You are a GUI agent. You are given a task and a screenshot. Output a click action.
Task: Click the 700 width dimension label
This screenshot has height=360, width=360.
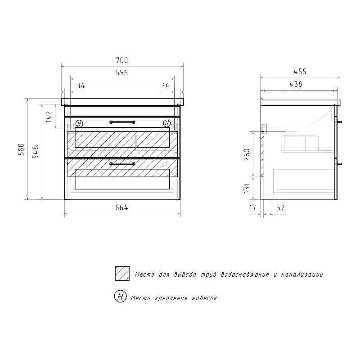pos(121,60)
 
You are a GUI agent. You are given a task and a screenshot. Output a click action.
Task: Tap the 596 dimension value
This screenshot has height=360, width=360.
pos(121,72)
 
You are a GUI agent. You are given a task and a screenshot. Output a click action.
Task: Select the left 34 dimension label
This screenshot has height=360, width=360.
pos(81,85)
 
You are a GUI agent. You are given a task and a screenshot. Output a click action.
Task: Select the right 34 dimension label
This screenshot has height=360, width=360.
pos(165,85)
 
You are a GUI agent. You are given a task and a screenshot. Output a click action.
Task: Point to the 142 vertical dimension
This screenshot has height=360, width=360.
pos(49,117)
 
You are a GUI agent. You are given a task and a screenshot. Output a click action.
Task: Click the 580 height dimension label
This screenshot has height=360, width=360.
pos(21,149)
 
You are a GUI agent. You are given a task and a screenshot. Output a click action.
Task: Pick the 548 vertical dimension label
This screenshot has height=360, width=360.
pos(36,152)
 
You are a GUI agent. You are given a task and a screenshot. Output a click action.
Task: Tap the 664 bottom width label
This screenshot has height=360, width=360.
pos(121,207)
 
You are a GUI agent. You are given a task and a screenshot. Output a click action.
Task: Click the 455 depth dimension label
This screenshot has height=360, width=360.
pos(300,72)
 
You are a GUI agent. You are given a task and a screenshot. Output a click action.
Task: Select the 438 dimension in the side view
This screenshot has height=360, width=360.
pos(296,84)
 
